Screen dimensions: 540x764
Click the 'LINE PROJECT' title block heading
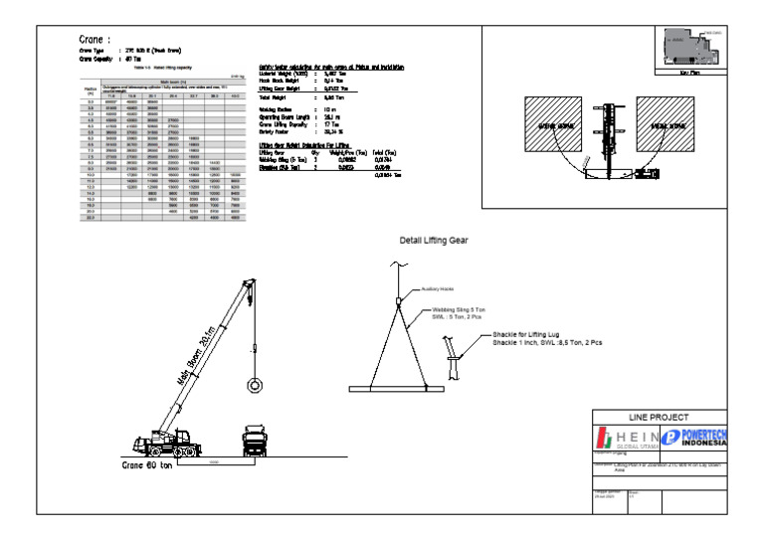[x=668, y=417]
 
